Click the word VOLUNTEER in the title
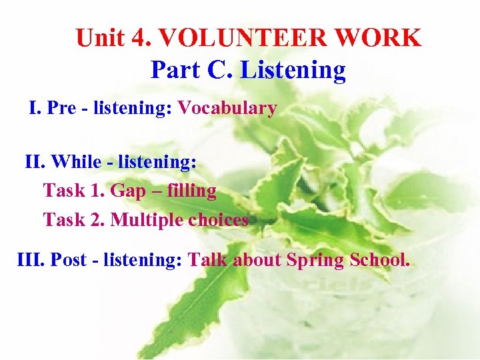239,38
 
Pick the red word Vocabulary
227,108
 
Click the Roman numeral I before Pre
33,108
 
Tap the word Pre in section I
62,108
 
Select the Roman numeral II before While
33,162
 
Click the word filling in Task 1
193,191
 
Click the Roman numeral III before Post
30,259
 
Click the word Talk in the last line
208,259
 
